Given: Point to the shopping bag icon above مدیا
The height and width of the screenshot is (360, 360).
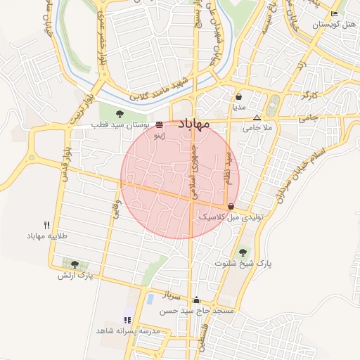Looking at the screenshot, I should tap(239, 97).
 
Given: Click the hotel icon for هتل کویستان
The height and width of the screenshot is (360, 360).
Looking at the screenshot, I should tap(334, 14).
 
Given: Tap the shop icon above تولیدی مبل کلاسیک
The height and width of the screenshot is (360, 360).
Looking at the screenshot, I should tap(231, 206).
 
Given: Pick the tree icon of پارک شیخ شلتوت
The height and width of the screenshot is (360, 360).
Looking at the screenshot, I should tap(243, 252).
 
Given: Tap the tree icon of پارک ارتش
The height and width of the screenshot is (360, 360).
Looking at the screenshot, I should tap(75, 264).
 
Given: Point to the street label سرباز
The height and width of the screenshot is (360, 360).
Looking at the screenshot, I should tap(171, 290).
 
